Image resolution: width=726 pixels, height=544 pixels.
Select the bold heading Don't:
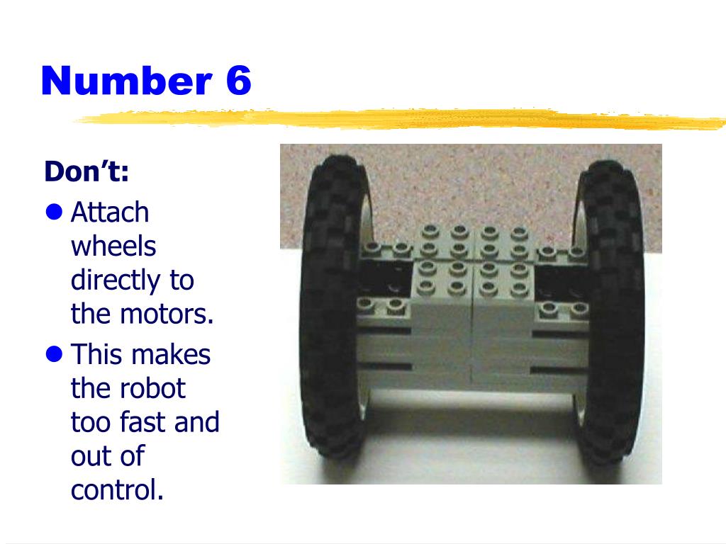point(86,171)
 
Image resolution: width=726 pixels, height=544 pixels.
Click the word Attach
point(110,212)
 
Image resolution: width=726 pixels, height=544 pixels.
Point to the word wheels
point(113,246)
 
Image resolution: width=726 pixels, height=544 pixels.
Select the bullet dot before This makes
point(54,354)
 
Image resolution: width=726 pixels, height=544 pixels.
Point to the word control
point(117,490)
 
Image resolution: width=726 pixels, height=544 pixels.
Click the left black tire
point(333,307)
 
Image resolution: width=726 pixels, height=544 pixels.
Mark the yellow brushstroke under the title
point(401,118)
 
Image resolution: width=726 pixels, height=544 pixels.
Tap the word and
point(197,422)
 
